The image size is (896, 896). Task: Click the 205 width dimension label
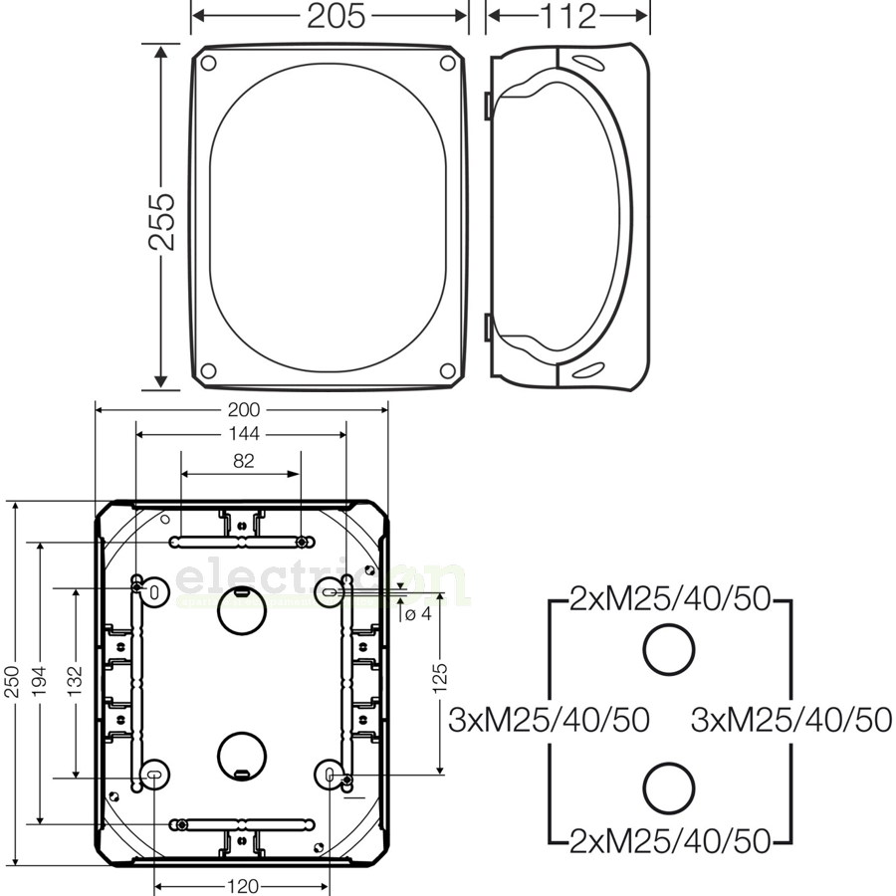point(336,16)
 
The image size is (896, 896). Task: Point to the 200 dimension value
point(242,409)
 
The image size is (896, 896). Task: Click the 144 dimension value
point(242,434)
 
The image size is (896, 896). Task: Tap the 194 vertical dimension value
point(39,686)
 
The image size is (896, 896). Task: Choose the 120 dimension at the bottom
point(243,886)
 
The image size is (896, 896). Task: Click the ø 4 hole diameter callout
point(418,613)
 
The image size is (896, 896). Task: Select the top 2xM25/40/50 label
point(670,599)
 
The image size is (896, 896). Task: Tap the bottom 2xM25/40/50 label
point(670,841)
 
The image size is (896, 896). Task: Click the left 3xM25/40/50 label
point(549,719)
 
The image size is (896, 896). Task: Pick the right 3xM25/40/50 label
point(790,719)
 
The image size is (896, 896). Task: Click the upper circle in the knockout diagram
point(668,651)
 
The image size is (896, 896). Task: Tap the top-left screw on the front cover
point(208,64)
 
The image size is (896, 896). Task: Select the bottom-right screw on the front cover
point(448,371)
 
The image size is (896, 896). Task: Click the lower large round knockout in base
point(240,756)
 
